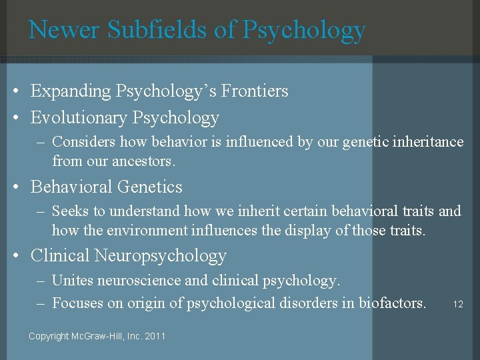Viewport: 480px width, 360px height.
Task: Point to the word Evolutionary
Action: (x=79, y=118)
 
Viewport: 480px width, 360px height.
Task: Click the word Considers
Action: (x=82, y=142)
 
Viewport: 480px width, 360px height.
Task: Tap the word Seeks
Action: (x=71, y=211)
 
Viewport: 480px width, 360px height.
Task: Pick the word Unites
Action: (x=73, y=280)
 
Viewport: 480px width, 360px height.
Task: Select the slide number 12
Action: (x=458, y=304)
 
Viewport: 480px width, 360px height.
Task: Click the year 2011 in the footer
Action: (x=155, y=336)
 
